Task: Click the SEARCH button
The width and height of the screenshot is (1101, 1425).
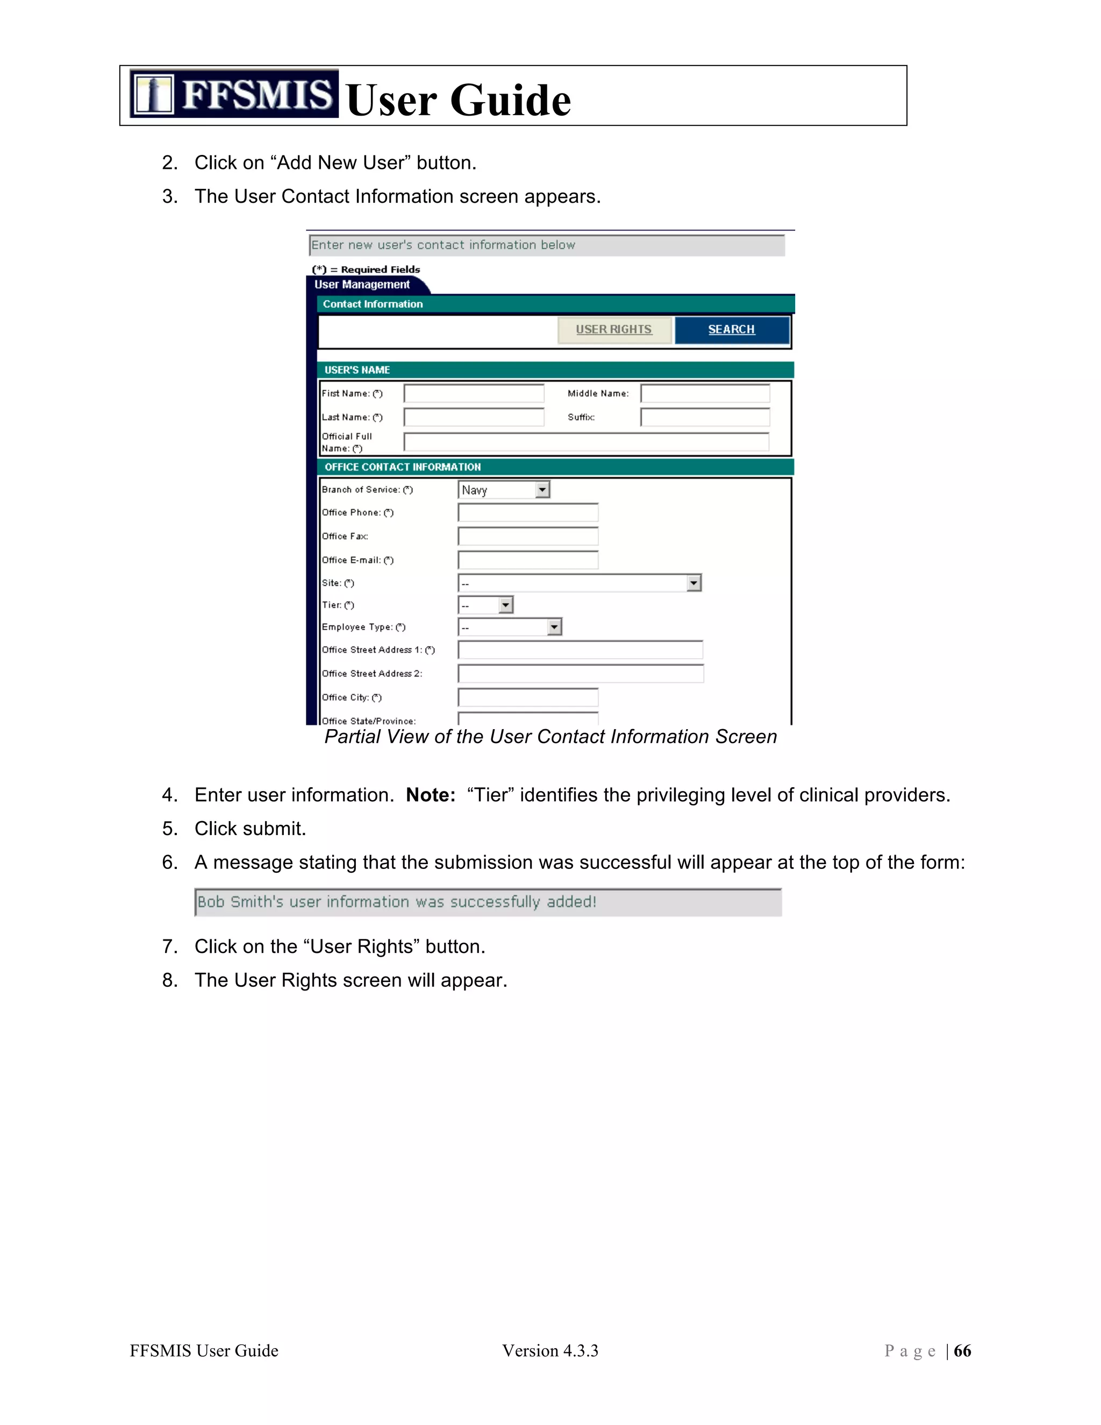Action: pyautogui.click(x=731, y=330)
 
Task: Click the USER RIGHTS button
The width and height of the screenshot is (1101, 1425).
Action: pyautogui.click(x=614, y=330)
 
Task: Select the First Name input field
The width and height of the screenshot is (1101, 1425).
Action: pyautogui.click(x=474, y=394)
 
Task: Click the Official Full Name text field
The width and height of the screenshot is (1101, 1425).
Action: pyautogui.click(x=586, y=441)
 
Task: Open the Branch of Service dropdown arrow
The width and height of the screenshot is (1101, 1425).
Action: pyautogui.click(x=542, y=490)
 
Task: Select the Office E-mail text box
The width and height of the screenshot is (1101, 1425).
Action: pyautogui.click(x=528, y=560)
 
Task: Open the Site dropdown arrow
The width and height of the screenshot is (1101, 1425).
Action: pyautogui.click(x=694, y=583)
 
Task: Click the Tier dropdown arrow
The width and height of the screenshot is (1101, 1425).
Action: pyautogui.click(x=505, y=605)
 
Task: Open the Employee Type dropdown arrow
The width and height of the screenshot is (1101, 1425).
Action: pyautogui.click(x=554, y=628)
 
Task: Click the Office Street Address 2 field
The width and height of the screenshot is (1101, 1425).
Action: pyautogui.click(x=580, y=673)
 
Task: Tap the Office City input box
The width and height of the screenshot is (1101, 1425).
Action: pyautogui.click(x=528, y=697)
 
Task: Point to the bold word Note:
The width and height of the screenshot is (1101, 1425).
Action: pyautogui.click(x=431, y=795)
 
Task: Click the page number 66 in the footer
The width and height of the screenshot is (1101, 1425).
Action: pyautogui.click(x=962, y=1351)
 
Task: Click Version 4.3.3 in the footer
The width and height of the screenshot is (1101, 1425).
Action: pyautogui.click(x=550, y=1351)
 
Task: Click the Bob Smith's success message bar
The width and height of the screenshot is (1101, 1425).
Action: pyautogui.click(x=488, y=902)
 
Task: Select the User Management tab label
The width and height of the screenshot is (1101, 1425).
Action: pyautogui.click(x=362, y=284)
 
